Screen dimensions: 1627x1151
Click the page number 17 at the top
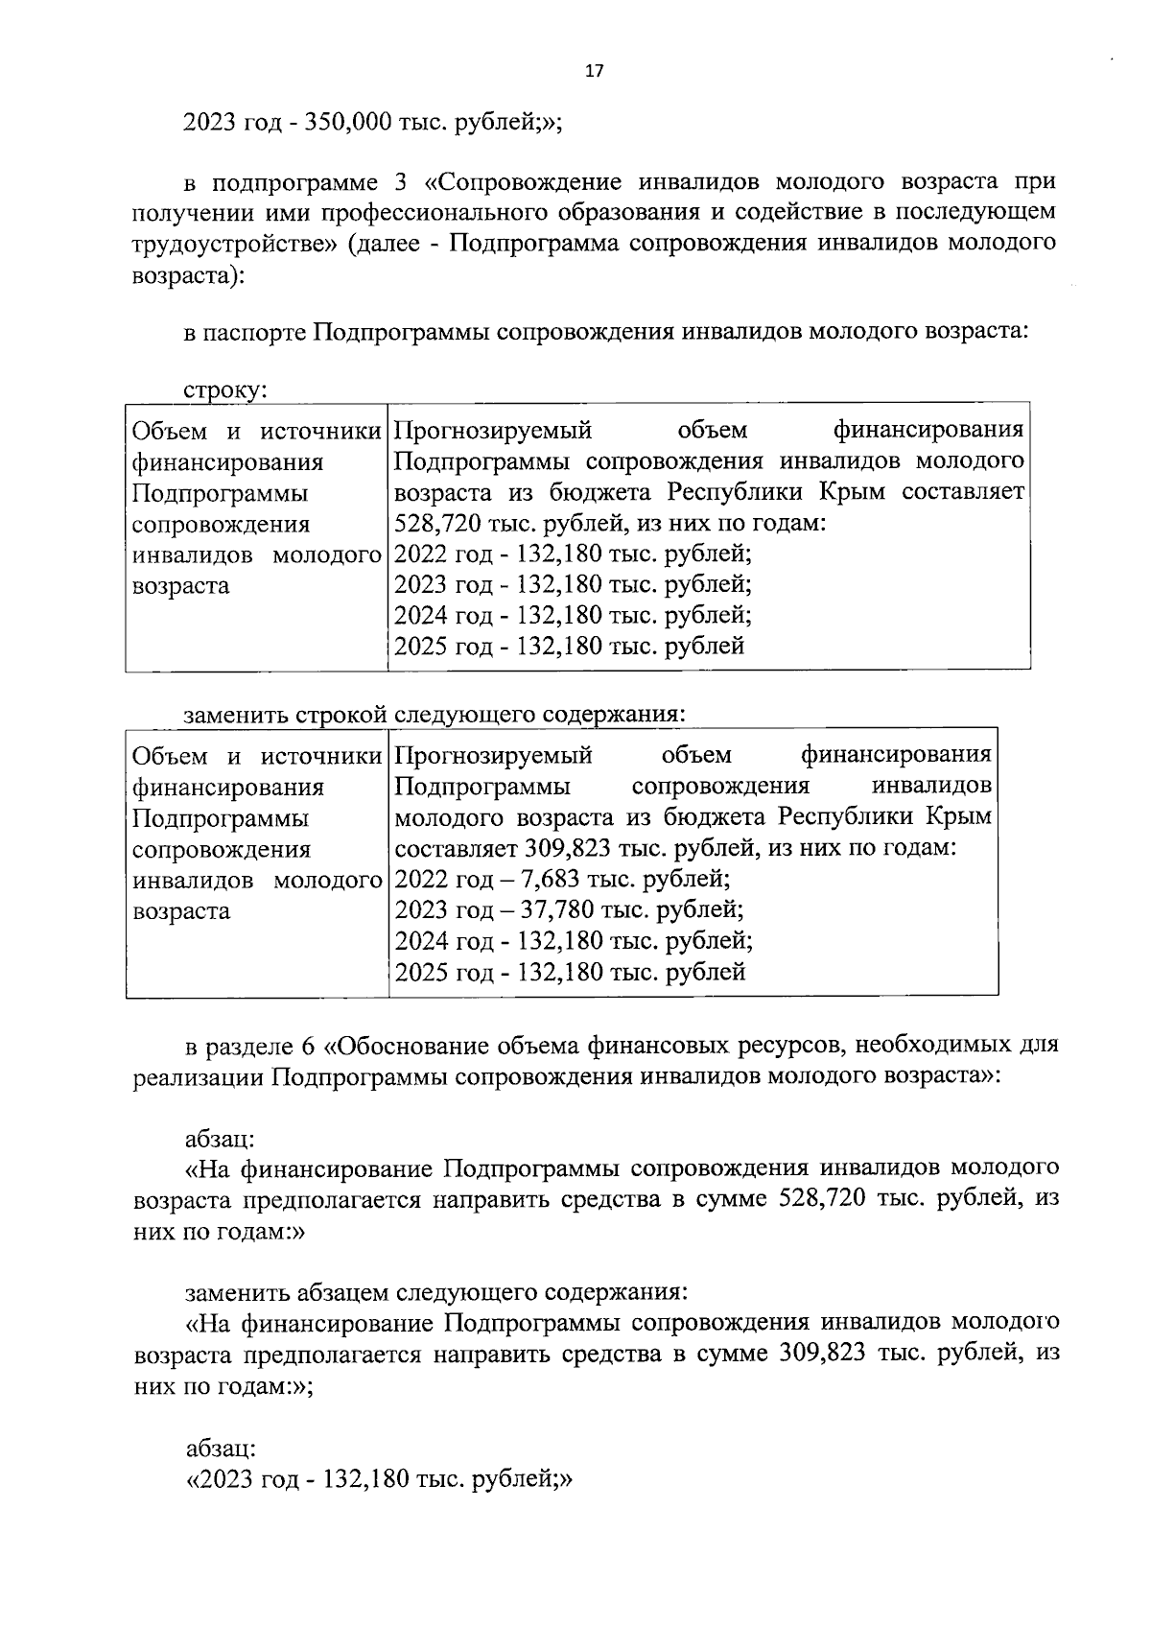(594, 71)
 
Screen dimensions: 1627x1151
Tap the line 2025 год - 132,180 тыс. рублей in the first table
(569, 646)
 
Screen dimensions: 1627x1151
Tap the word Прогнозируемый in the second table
(493, 756)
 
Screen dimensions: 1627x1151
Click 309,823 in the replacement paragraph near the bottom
(815, 1355)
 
